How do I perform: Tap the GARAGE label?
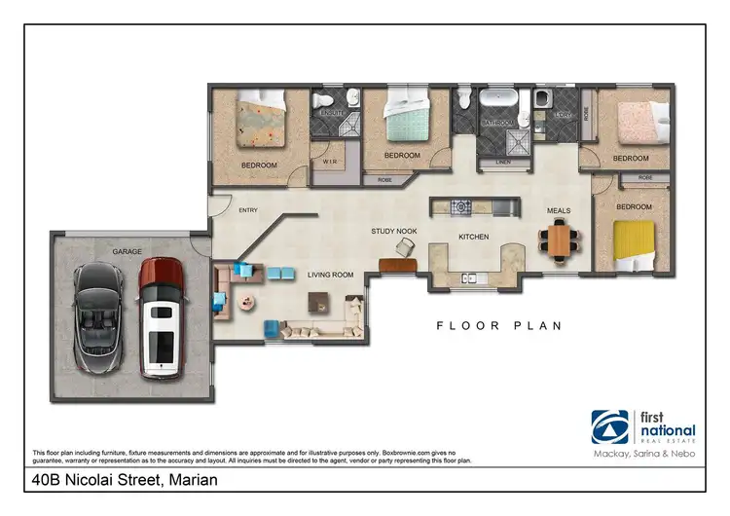(127, 250)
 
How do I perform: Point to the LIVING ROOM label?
(330, 276)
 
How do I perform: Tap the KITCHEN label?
(473, 237)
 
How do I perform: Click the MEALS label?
(559, 210)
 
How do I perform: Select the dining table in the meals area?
(559, 240)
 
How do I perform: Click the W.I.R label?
(329, 163)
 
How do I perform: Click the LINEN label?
(503, 162)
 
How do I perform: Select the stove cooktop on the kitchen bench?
(459, 206)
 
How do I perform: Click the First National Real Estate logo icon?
(610, 426)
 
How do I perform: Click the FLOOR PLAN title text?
(498, 326)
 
